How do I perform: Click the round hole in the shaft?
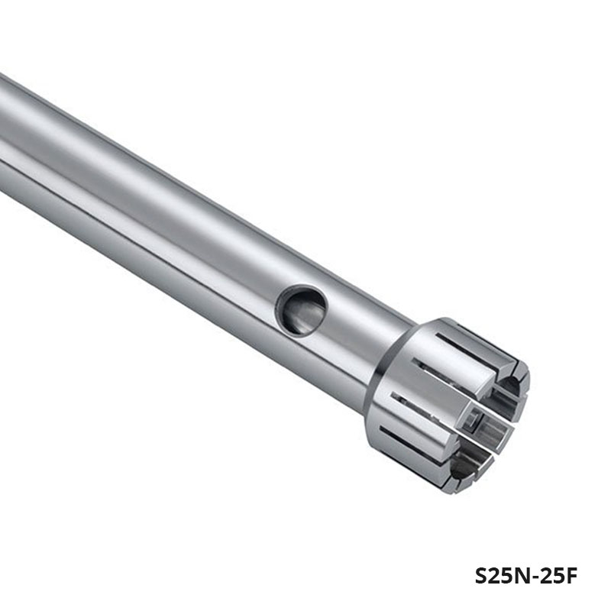(300, 309)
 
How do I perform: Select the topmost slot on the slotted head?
(464, 346)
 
